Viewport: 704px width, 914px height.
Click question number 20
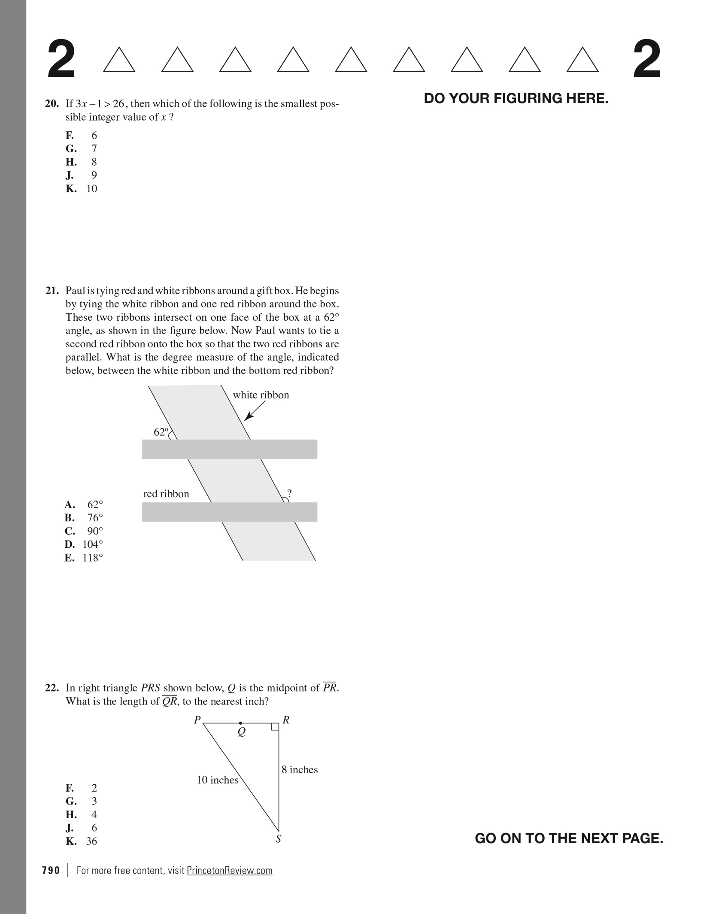[52, 104]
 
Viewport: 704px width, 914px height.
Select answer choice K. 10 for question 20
[82, 189]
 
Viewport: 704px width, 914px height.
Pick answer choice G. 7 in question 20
[82, 149]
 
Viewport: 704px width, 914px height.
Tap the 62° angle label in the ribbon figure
[161, 432]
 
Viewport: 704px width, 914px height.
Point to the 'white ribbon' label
[261, 395]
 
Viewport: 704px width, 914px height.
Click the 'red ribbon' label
[166, 494]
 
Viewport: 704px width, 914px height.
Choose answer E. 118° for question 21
[84, 558]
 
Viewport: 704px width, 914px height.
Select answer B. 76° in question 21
[84, 518]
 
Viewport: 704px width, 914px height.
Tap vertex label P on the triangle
[197, 720]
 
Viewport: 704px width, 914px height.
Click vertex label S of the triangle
[278, 839]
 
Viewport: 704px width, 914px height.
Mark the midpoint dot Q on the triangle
[240, 723]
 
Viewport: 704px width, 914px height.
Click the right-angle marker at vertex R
[275, 727]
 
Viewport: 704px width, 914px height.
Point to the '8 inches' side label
[300, 770]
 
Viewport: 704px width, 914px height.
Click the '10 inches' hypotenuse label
[218, 780]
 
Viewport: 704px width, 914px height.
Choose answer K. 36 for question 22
[82, 841]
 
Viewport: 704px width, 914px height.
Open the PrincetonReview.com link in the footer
[230, 870]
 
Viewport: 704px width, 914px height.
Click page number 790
[51, 870]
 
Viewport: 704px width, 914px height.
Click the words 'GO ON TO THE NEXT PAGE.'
[569, 838]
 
